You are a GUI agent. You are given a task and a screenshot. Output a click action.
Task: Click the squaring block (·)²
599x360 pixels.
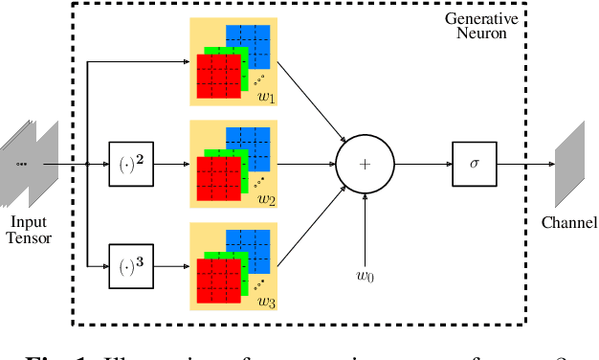(x=128, y=164)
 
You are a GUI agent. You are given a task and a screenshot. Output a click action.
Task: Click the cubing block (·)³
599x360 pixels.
(x=128, y=259)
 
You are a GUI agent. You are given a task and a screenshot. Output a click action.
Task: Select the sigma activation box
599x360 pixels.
(x=474, y=164)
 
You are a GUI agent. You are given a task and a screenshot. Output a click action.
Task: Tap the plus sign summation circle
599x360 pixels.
(x=365, y=164)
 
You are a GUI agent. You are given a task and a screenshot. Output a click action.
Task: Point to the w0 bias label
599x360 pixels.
(x=365, y=278)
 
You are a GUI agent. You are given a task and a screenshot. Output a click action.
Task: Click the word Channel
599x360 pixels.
(x=569, y=223)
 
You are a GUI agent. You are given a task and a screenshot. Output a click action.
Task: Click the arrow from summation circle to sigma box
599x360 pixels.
(x=422, y=164)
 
